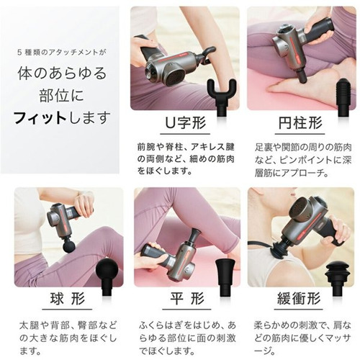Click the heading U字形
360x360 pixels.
(185, 122)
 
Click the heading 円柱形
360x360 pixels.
(300, 123)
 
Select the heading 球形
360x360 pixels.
(68, 299)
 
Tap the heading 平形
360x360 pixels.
(187, 299)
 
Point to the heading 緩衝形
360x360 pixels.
(299, 299)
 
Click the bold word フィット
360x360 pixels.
(40, 118)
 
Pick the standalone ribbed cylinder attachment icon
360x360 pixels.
(344, 96)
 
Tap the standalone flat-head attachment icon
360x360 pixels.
(226, 276)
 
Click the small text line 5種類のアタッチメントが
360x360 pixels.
(62, 52)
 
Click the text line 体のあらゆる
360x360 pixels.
(62, 73)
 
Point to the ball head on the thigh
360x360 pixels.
(69, 248)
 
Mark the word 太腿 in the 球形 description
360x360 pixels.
(27, 325)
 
